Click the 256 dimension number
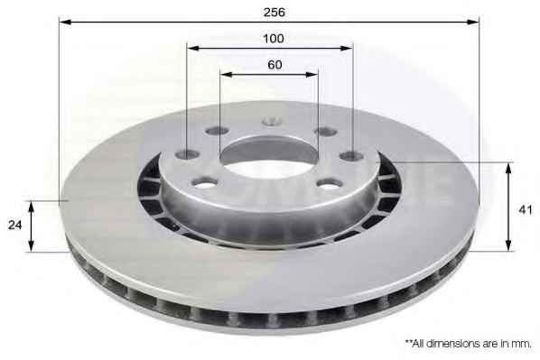pos(275,12)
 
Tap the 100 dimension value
pos(274,38)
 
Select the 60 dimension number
pos(275,64)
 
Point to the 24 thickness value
pos(14,225)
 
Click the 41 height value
pos(526,209)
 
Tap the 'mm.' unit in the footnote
pos(523,344)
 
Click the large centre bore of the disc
pos(269,159)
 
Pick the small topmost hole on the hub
pos(272,121)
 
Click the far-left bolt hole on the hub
pos(187,154)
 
